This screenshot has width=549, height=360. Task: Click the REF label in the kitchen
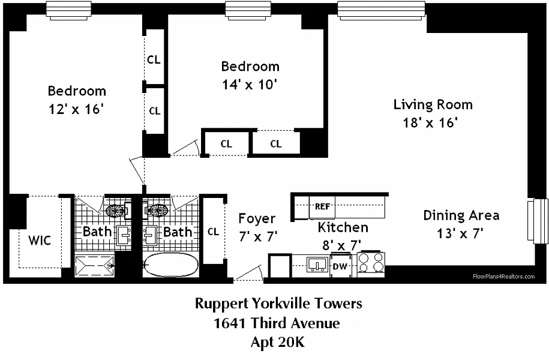[322, 206]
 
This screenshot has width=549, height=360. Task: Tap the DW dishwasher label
[340, 266]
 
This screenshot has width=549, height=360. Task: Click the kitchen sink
[317, 265]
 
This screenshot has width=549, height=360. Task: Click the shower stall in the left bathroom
[95, 266]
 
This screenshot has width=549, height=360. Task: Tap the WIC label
[40, 241]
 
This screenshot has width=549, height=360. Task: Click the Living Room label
[433, 104]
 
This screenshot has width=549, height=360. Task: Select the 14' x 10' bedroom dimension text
[250, 85]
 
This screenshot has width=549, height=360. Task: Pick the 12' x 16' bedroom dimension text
[76, 109]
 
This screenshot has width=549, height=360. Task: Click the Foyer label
[257, 218]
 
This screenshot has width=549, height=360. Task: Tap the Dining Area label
[461, 215]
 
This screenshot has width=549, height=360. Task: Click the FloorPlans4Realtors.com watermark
[504, 277]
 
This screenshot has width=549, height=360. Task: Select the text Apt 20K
[278, 342]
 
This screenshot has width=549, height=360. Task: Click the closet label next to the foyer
[213, 232]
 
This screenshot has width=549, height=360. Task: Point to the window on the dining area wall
[538, 221]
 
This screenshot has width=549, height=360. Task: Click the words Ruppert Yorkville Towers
[278, 303]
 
